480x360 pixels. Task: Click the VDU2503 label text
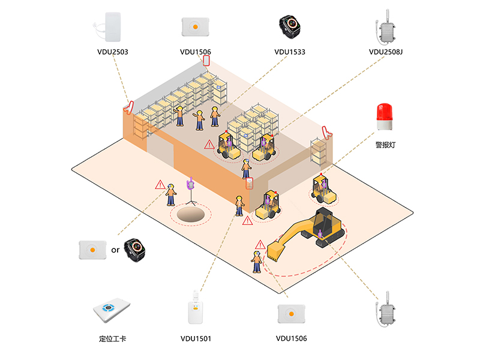click(x=113, y=52)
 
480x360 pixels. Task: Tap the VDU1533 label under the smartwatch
click(x=290, y=52)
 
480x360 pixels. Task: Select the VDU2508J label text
click(x=386, y=52)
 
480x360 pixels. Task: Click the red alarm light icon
click(x=384, y=116)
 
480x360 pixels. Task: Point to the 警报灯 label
click(x=385, y=145)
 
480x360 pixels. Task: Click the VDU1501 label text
click(x=196, y=338)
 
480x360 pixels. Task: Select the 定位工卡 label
click(x=112, y=338)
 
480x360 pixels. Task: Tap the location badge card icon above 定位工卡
click(x=112, y=310)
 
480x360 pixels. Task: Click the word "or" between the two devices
click(x=115, y=250)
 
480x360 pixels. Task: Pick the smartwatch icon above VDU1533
click(x=290, y=26)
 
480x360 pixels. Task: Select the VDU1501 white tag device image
click(x=196, y=308)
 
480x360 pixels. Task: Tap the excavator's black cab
click(x=323, y=219)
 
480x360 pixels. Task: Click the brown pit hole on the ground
click(x=190, y=214)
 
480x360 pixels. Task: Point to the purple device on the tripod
click(x=191, y=183)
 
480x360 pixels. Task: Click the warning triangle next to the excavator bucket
click(x=260, y=245)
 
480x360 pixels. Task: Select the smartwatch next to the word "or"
click(x=134, y=250)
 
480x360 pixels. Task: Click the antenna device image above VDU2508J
click(x=386, y=28)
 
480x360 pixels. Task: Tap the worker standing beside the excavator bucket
click(x=257, y=262)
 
